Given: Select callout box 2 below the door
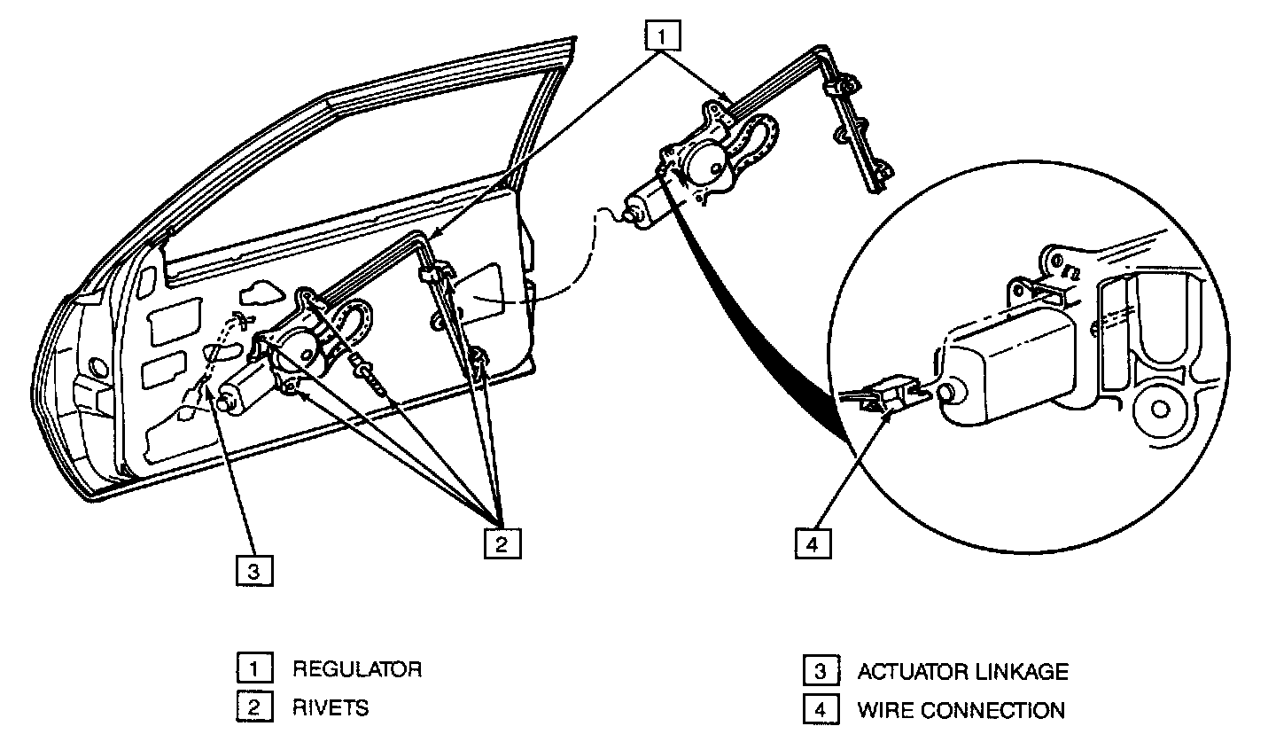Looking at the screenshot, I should pos(502,543).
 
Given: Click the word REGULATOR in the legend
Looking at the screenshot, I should pos(357,668).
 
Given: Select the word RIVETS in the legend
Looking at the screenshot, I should pos(331,707).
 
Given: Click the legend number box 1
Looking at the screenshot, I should pos(253,668).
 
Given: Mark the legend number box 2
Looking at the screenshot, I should pos(253,707).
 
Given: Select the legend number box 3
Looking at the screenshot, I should pos(820,671).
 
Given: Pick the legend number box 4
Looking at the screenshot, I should pos(820,710).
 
